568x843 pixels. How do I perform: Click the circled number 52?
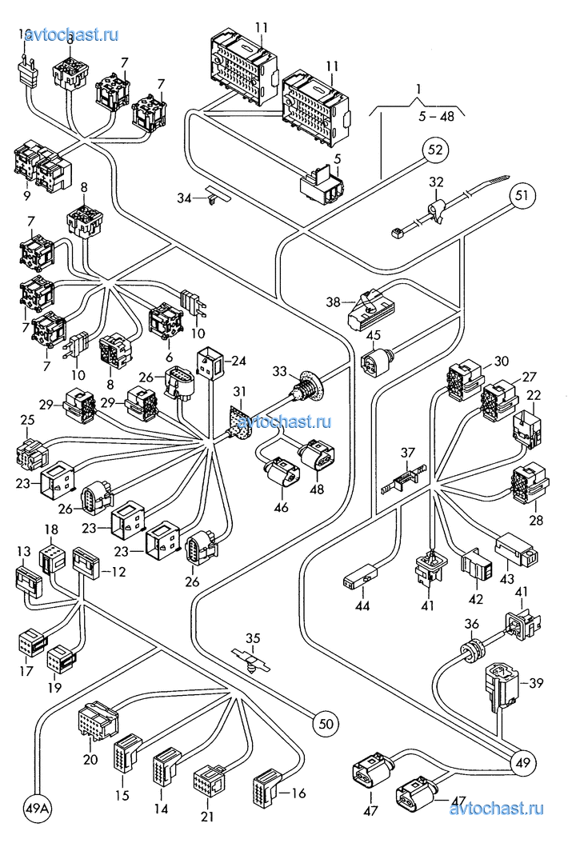coord(435,150)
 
